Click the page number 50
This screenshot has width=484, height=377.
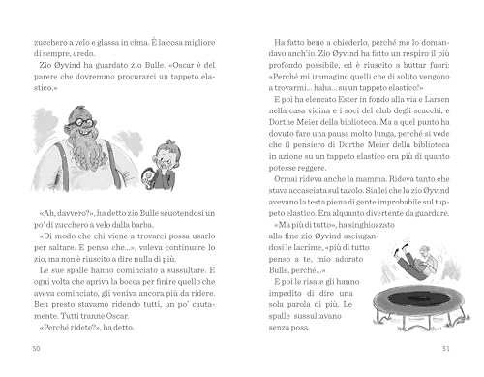37,347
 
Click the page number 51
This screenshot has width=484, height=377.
446,347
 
